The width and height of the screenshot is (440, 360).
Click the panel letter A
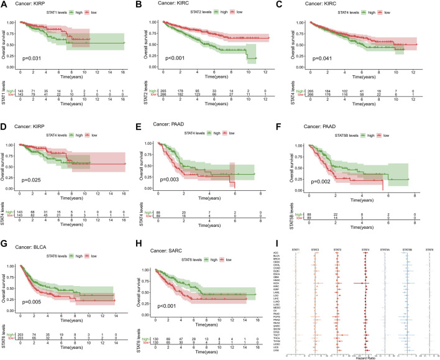tap(4, 5)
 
